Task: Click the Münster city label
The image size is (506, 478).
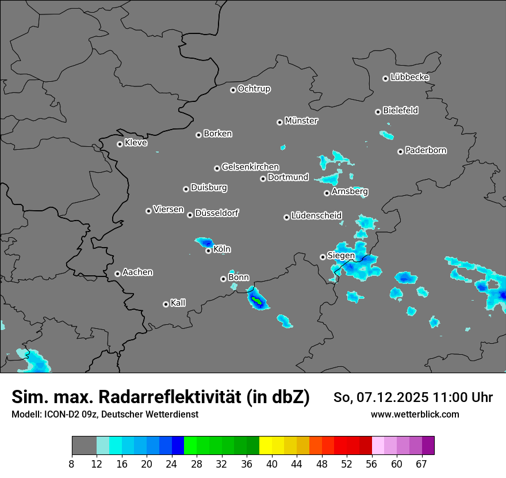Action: click(301, 121)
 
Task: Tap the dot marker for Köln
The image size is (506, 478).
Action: click(208, 251)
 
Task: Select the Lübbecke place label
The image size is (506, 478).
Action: click(409, 77)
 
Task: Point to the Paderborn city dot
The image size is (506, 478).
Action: click(400, 151)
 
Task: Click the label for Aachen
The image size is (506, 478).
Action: click(137, 272)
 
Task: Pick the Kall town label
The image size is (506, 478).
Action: click(178, 303)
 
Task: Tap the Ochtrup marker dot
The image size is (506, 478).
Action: click(233, 89)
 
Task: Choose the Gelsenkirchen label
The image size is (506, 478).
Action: click(250, 167)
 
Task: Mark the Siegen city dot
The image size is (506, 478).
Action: click(323, 257)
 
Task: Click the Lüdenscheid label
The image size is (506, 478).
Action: click(316, 216)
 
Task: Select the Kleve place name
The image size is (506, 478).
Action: click(136, 143)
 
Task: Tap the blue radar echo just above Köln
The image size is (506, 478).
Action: click(205, 242)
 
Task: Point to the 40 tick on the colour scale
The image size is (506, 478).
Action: click(272, 464)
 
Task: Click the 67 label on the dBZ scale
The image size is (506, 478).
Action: click(422, 464)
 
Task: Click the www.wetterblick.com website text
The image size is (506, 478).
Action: click(415, 414)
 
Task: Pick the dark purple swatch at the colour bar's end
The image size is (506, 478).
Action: click(428, 446)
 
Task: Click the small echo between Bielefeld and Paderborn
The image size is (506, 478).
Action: click(386, 135)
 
